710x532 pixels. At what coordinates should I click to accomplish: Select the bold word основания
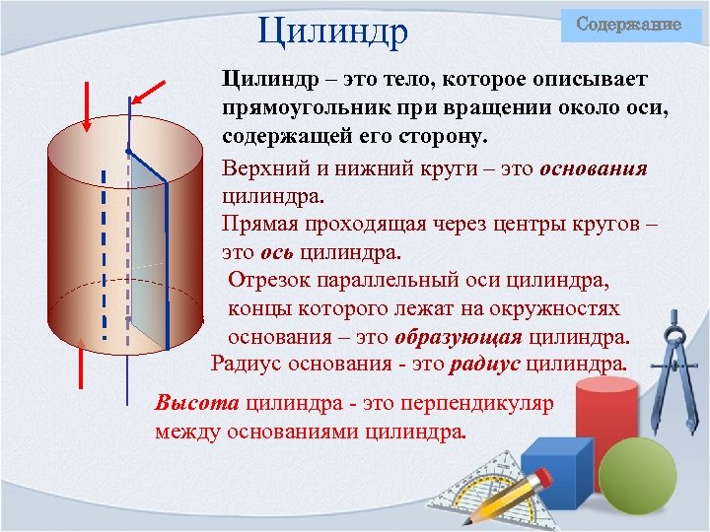tap(594, 168)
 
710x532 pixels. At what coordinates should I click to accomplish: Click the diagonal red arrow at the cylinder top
tap(150, 92)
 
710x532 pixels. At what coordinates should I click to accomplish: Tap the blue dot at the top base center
tap(128, 150)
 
